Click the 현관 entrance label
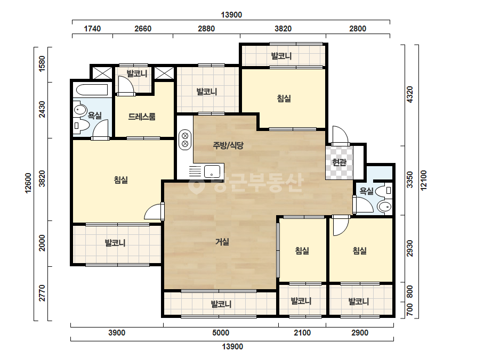click(339, 162)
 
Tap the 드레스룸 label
click(142, 117)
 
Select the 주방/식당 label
click(228, 145)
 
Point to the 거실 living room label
click(222, 242)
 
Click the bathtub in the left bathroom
click(92, 90)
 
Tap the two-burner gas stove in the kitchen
click(185, 140)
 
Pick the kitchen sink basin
click(212, 172)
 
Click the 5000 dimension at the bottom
click(221, 333)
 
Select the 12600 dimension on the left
click(28, 183)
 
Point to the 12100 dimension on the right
click(424, 180)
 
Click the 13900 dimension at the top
click(231, 15)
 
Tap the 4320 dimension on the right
click(410, 94)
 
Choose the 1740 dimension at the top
click(92, 29)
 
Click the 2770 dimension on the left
click(42, 293)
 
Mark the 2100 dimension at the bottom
click(302, 333)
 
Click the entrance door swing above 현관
click(341, 135)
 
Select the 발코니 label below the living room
click(221, 304)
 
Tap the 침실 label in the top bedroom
click(284, 99)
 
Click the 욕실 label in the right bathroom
click(366, 191)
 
